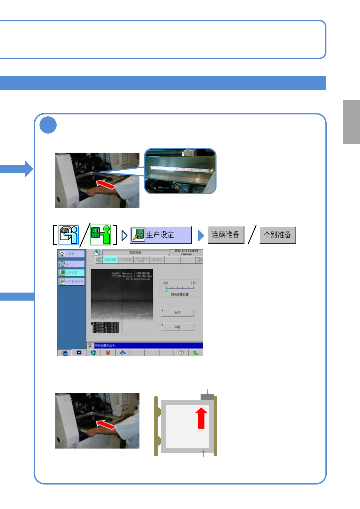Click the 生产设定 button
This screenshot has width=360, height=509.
pyautogui.click(x=161, y=235)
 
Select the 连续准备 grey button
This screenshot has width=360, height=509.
pyautogui.click(x=226, y=235)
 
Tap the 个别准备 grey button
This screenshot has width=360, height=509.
pyautogui.click(x=277, y=235)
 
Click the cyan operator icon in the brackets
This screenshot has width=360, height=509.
pyautogui.click(x=68, y=235)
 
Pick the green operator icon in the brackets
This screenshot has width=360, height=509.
pyautogui.click(x=100, y=235)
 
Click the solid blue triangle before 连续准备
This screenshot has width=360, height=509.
pyautogui.click(x=201, y=235)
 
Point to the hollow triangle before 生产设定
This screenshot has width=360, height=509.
pyautogui.click(x=124, y=235)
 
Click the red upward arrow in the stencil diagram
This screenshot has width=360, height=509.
pyautogui.click(x=201, y=418)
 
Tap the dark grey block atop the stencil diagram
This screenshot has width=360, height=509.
pyautogui.click(x=207, y=397)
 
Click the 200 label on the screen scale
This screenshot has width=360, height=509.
pyautogui.click(x=165, y=283)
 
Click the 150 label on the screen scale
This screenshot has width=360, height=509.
pyautogui.click(x=193, y=283)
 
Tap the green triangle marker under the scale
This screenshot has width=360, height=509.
pyautogui.click(x=166, y=290)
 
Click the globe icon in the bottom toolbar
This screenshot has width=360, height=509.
pyautogui.click(x=93, y=353)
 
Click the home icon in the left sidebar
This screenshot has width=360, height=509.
pyautogui.click(x=62, y=254)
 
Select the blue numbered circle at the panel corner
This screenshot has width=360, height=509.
pyautogui.click(x=48, y=125)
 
